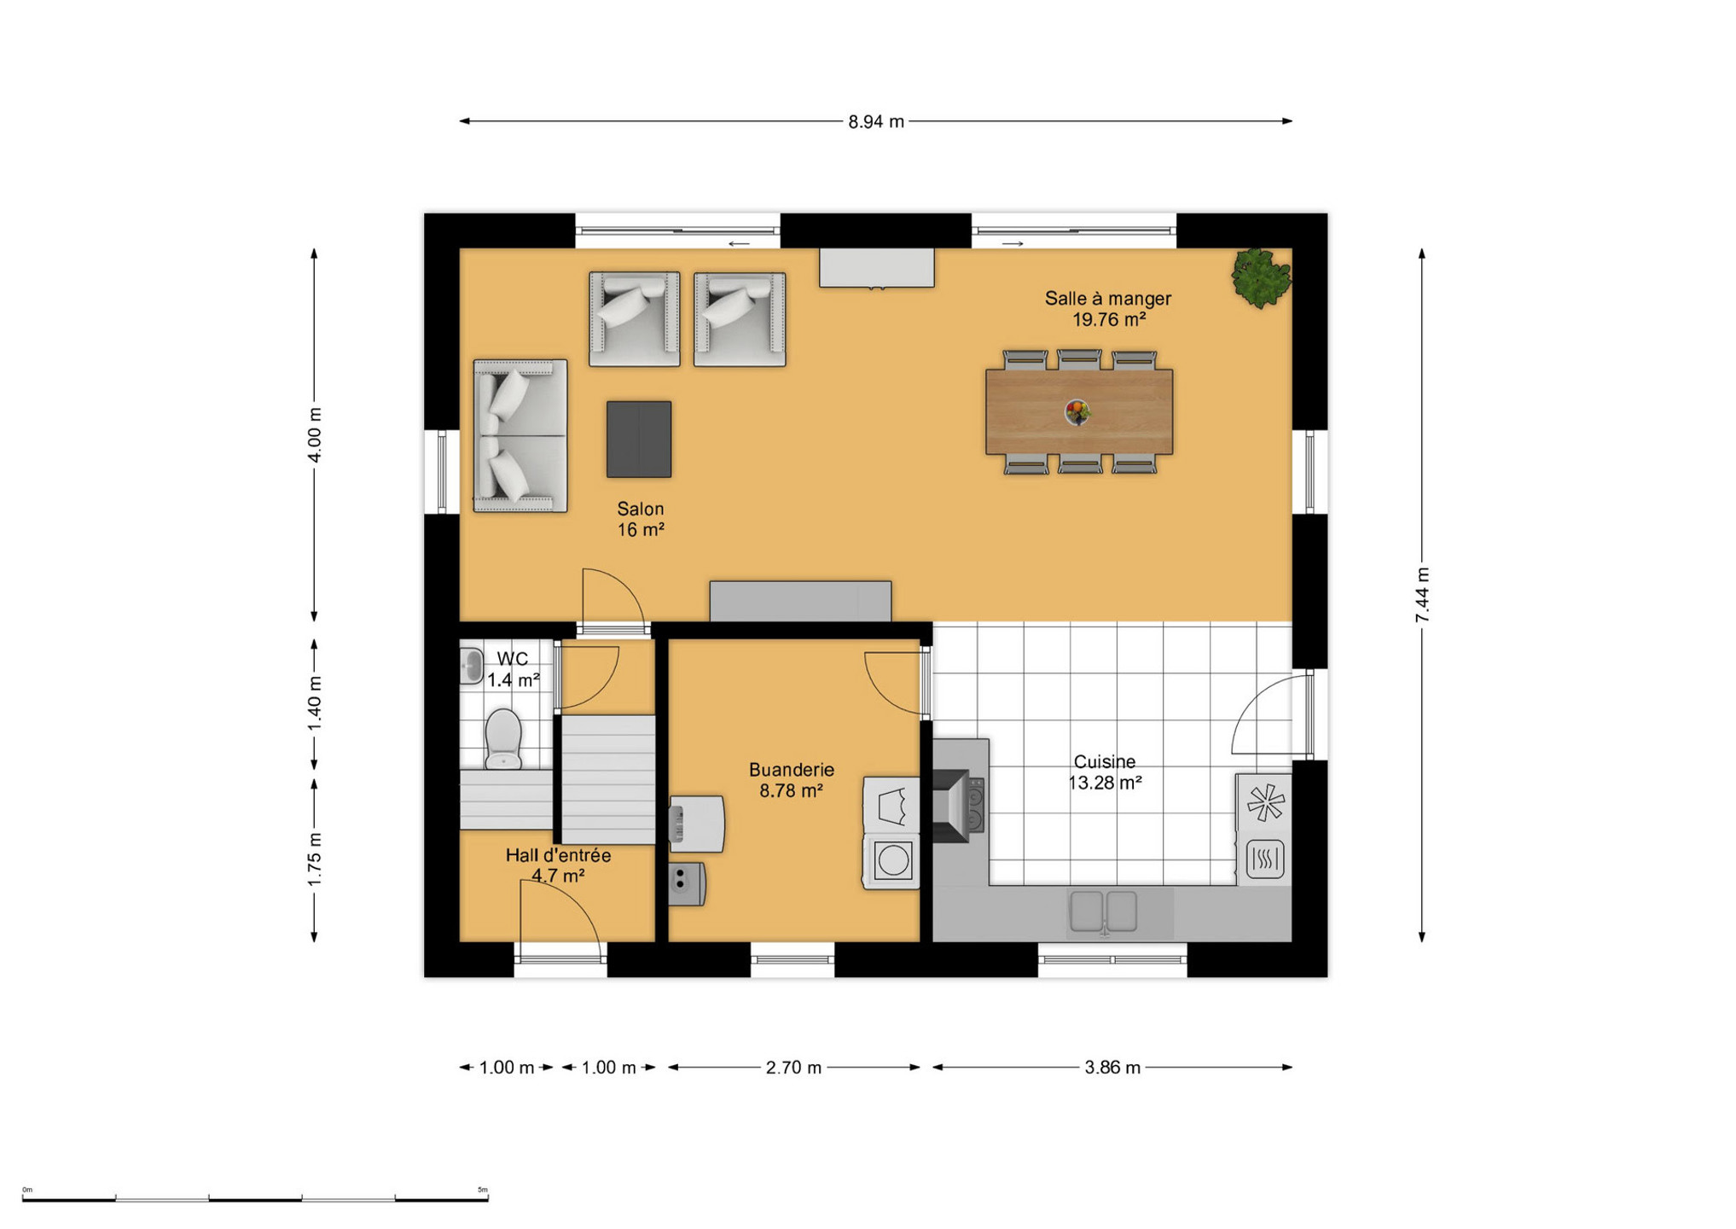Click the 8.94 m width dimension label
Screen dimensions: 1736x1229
click(x=875, y=122)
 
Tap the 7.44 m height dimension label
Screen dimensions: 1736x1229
click(x=1422, y=595)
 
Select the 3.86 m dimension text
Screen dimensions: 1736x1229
click(x=1112, y=1068)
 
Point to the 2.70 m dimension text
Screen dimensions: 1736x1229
click(x=793, y=1068)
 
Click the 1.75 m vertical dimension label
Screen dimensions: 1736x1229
click(x=315, y=859)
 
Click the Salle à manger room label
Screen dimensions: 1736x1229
click(x=1108, y=299)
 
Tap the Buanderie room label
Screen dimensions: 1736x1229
click(x=792, y=770)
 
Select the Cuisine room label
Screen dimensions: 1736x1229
click(x=1105, y=761)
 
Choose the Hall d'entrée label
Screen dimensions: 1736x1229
click(x=558, y=855)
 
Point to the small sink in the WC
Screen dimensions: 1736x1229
click(x=472, y=666)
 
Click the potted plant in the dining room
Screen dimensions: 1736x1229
click(x=1261, y=277)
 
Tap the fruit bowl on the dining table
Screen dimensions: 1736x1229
click(x=1077, y=413)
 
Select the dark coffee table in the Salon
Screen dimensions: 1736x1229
click(x=639, y=440)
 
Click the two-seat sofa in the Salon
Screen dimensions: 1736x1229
click(x=520, y=436)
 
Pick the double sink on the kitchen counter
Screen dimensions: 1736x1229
click(x=1104, y=911)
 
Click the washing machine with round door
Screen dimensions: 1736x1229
click(x=891, y=860)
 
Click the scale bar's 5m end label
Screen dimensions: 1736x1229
click(x=482, y=1190)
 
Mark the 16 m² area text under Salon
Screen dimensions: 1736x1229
click(x=641, y=530)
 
